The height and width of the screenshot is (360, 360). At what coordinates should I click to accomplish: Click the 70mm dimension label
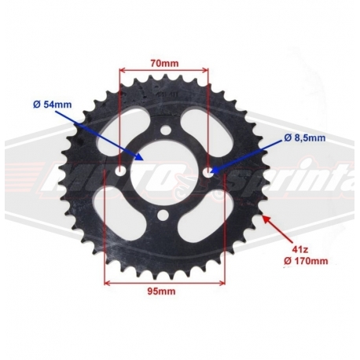164,64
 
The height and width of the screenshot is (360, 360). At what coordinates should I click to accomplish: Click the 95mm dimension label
161,291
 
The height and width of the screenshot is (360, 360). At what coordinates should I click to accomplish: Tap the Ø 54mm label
53,105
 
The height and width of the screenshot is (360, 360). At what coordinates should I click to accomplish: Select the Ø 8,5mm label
305,138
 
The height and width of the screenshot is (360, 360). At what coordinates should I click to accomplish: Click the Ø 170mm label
306,261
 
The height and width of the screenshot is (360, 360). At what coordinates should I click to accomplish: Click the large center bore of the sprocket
164,172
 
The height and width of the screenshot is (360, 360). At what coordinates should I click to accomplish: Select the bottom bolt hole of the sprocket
163,215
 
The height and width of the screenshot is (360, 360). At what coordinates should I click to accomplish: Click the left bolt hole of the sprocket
120,171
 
